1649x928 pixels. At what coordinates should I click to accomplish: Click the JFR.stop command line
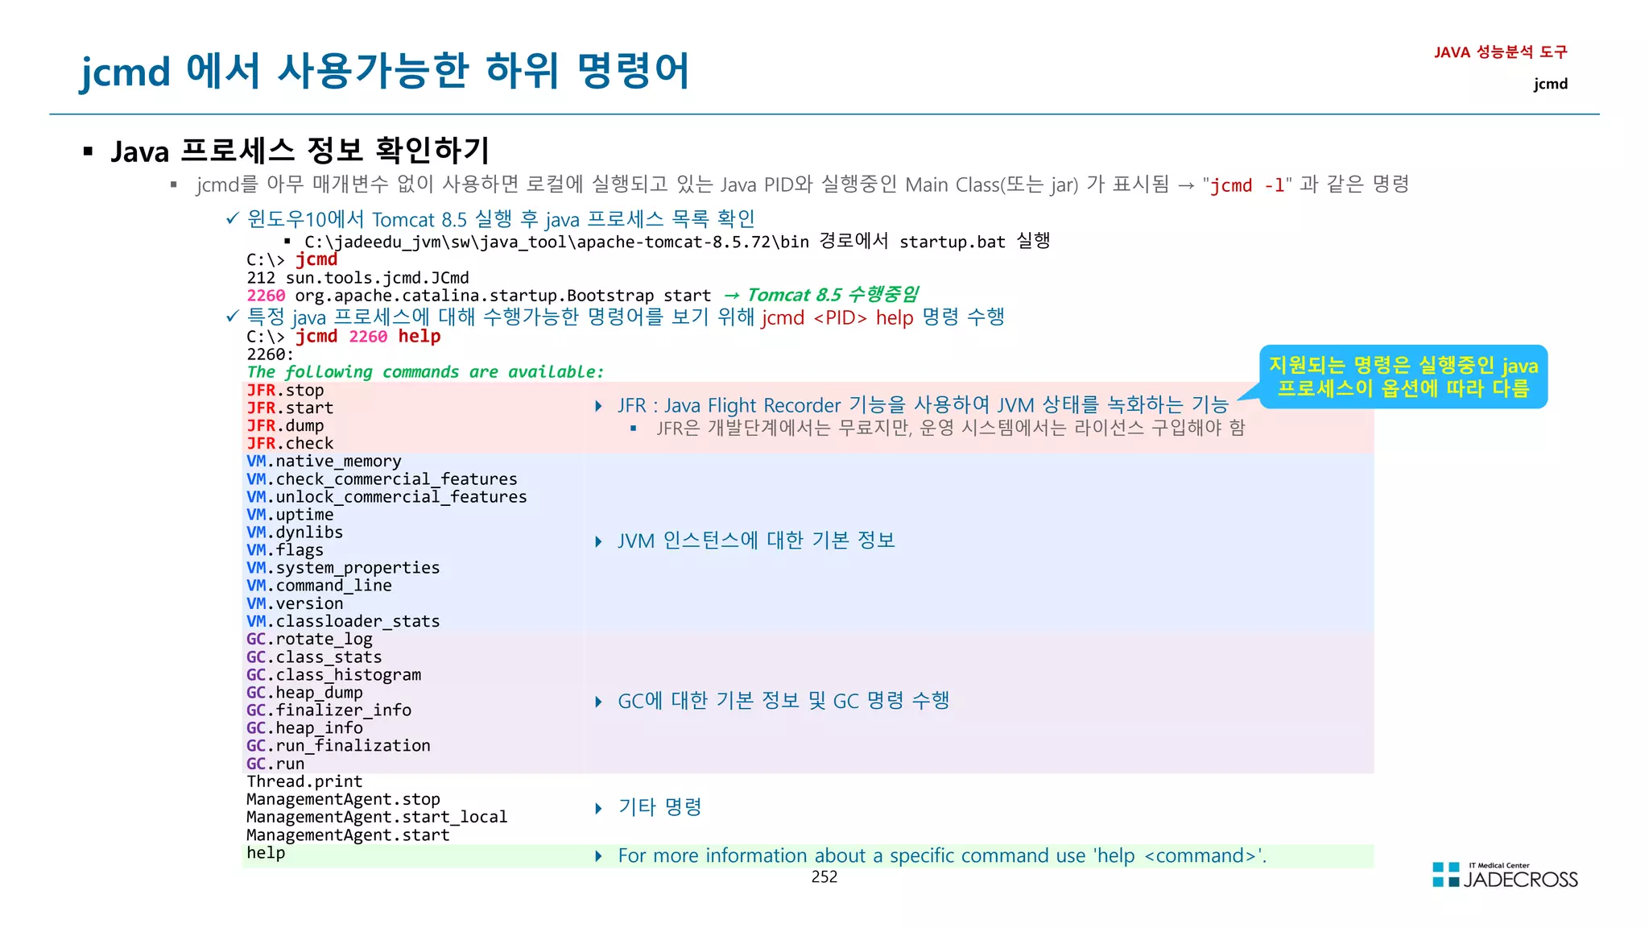coord(285,391)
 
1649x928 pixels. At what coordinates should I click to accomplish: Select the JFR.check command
coord(290,444)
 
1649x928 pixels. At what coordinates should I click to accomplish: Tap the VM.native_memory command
coord(324,462)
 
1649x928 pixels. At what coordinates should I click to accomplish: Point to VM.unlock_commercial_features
coord(386,497)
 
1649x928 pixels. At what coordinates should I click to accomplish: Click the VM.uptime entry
coord(290,515)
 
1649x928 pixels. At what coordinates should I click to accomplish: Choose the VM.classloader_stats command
coord(343,621)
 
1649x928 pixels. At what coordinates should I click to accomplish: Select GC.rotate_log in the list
coord(309,640)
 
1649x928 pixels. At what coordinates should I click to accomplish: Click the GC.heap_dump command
coord(304,693)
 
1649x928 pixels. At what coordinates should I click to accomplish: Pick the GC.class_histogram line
coord(333,675)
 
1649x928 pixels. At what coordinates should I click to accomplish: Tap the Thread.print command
coord(304,781)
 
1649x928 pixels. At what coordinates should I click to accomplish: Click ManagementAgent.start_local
coord(377,817)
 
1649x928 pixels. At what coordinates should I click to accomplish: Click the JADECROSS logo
coord(1505,876)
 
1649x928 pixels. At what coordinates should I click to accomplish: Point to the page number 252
coord(824,877)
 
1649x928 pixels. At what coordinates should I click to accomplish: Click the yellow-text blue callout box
coord(1403,377)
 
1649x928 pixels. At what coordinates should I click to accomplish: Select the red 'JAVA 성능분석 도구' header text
coord(1500,52)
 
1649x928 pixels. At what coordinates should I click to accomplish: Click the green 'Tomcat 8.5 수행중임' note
coord(833,295)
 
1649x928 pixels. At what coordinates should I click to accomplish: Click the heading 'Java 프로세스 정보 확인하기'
coord(300,151)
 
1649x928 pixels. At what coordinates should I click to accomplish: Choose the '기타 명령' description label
coord(659,807)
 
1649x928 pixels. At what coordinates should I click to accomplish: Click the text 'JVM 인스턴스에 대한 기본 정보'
coord(756,541)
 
